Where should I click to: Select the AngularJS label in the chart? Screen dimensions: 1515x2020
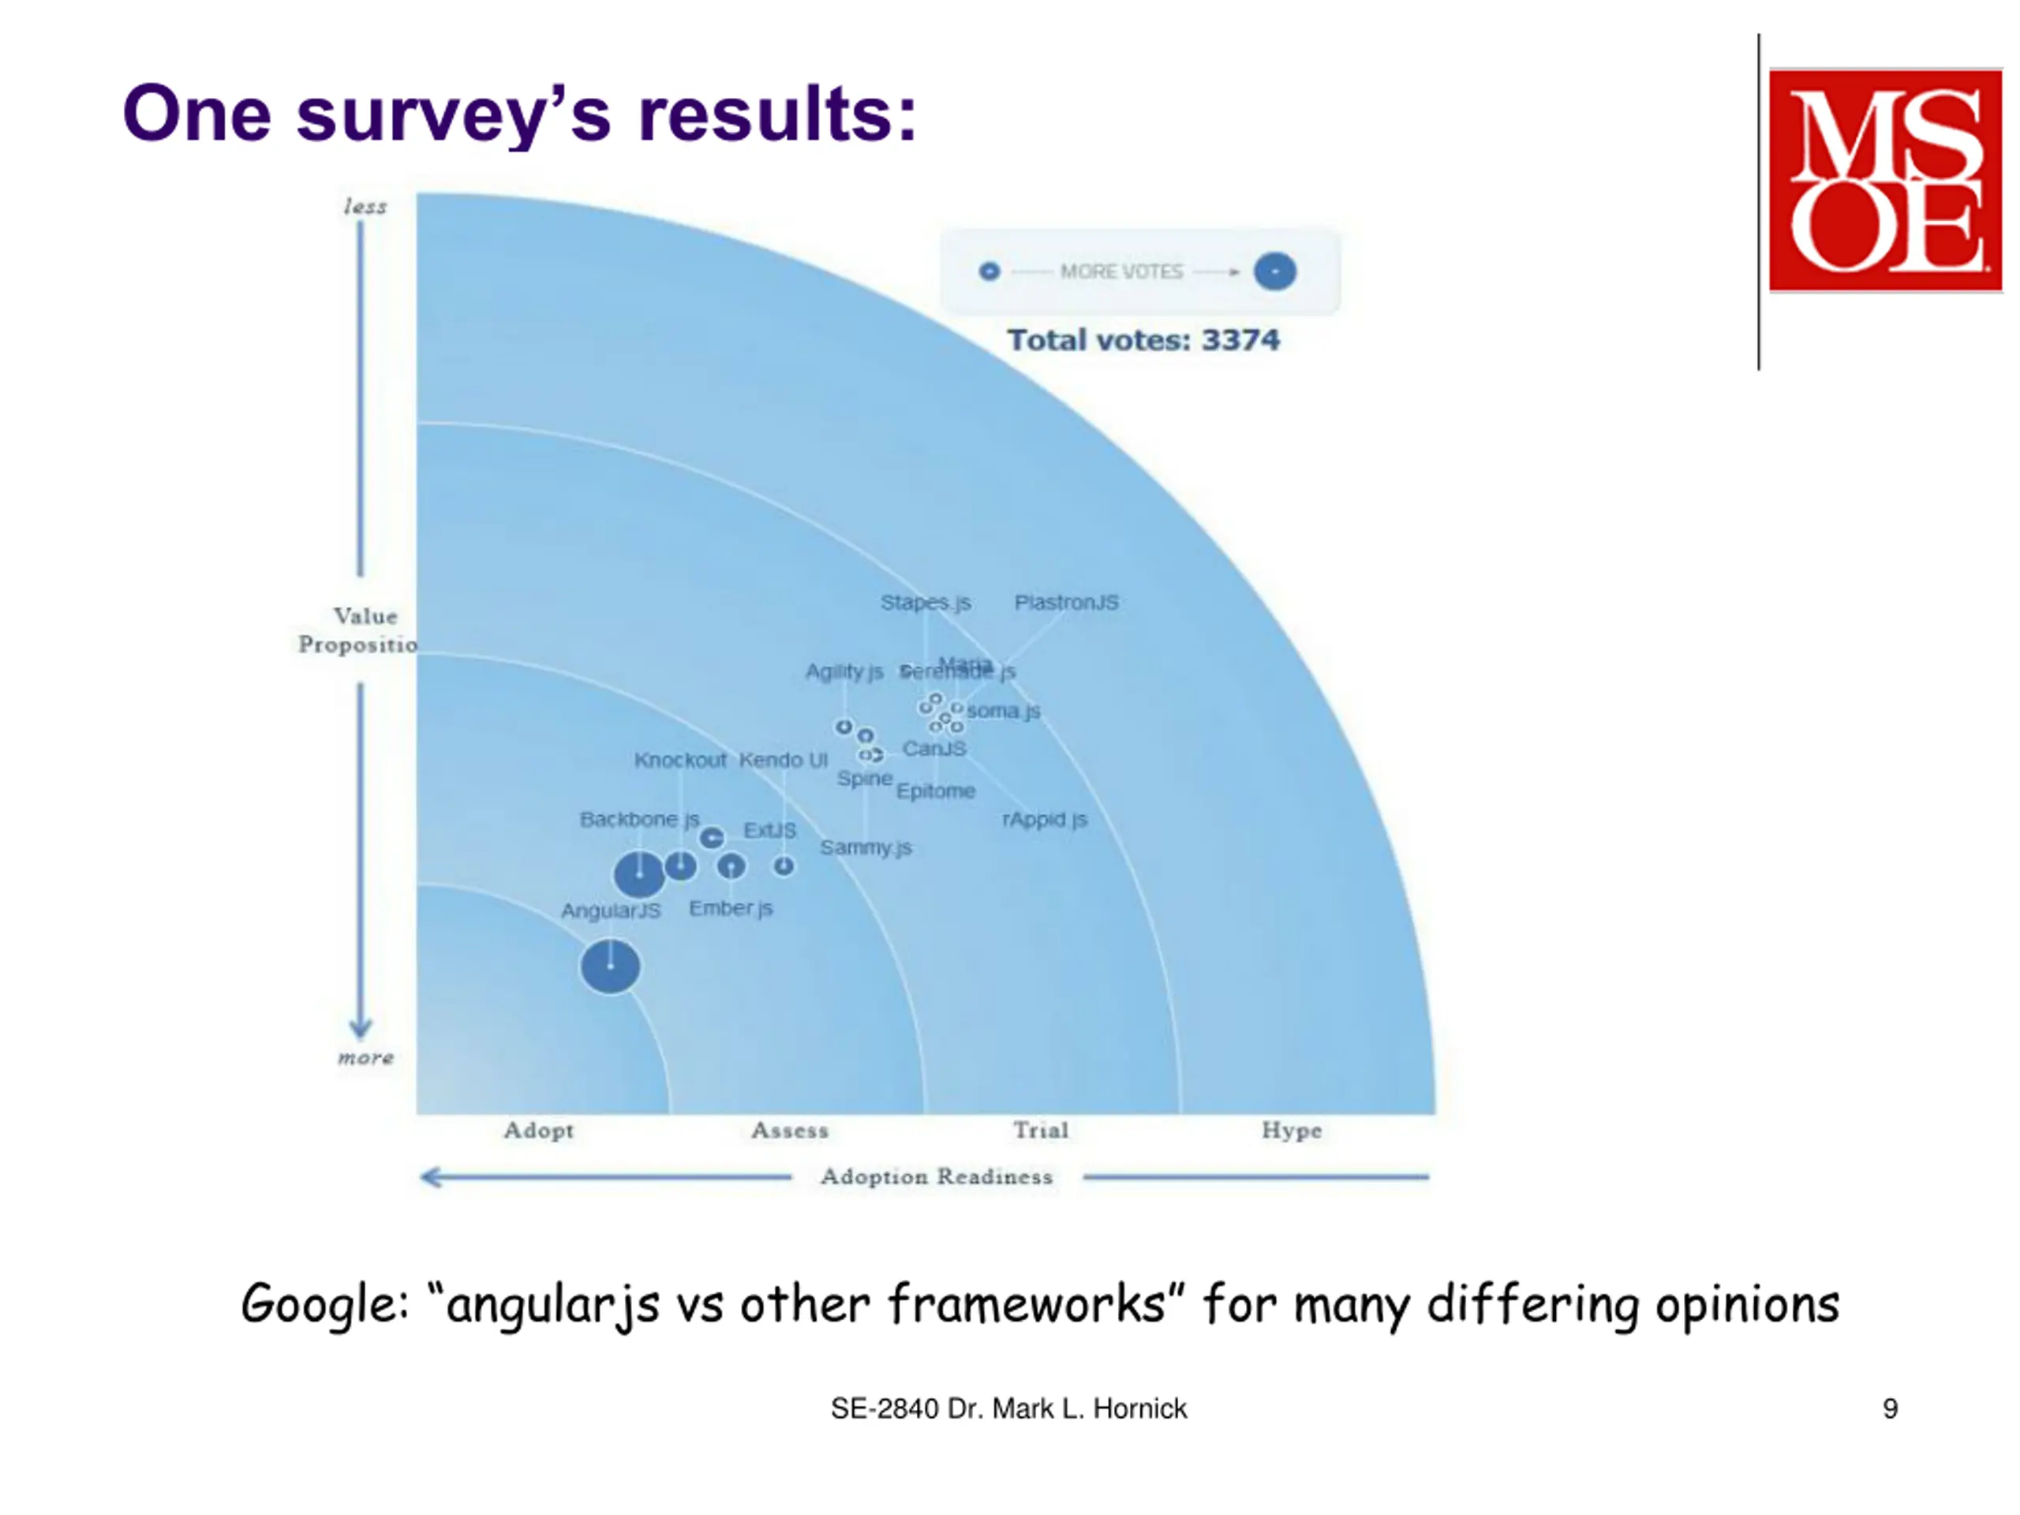tap(610, 911)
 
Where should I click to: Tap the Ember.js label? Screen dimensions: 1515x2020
tap(731, 907)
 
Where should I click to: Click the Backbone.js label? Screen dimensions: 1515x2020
tap(639, 819)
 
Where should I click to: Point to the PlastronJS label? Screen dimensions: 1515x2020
tap(1066, 603)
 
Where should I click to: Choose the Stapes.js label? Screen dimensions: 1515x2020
tap(925, 603)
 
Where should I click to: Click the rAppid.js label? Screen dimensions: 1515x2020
tap(1045, 819)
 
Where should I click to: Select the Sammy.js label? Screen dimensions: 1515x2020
tap(866, 847)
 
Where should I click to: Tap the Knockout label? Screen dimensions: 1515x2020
tap(680, 760)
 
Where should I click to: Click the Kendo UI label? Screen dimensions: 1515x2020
tap(783, 760)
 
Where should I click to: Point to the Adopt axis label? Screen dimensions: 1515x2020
tap(539, 1131)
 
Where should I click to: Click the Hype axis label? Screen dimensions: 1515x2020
tap(1291, 1131)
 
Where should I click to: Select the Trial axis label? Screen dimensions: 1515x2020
tap(1040, 1131)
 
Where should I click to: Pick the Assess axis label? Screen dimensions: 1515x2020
tap(790, 1131)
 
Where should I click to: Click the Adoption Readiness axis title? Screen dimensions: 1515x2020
tap(936, 1176)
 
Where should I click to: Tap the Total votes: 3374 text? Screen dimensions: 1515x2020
tap(1143, 340)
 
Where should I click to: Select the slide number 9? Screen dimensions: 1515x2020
tap(1891, 1409)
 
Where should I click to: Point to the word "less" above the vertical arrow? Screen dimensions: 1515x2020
tap(365, 208)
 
